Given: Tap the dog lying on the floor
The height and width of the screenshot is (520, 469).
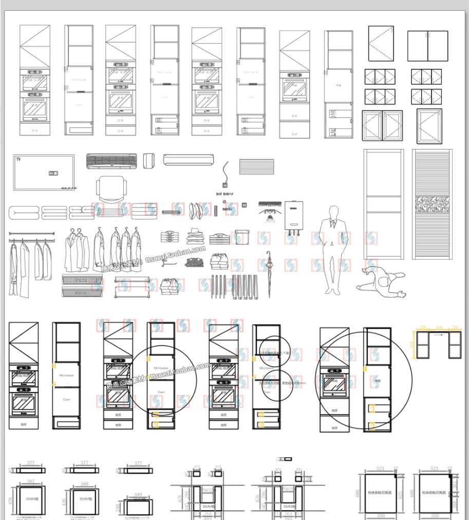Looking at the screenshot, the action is click(x=381, y=281).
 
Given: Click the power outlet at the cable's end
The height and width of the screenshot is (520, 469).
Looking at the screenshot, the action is click(x=224, y=185).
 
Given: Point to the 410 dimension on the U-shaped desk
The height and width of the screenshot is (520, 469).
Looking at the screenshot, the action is click(x=439, y=327).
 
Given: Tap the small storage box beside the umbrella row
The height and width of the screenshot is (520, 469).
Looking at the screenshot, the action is click(x=241, y=237).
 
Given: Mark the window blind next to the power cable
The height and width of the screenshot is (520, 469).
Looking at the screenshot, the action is click(x=257, y=168).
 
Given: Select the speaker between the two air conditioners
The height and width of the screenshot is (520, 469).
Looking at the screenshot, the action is click(x=149, y=160).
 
